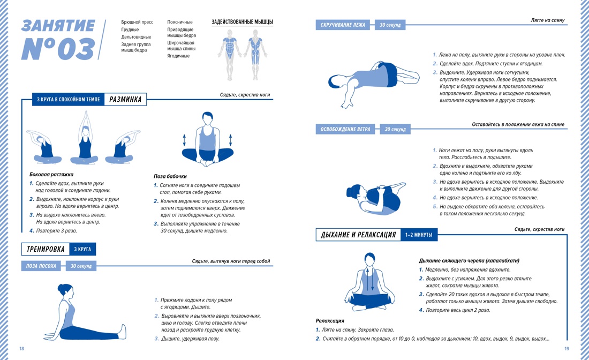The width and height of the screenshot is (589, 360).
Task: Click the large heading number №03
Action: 58,49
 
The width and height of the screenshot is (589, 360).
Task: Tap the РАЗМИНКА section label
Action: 125,100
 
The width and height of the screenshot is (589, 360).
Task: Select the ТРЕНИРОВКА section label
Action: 46,249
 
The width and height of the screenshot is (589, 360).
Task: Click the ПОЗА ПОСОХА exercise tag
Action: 41,266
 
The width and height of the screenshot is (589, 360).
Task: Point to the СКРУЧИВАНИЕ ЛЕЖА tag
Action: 343,25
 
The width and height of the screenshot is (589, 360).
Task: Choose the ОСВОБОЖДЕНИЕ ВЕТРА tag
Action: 345,129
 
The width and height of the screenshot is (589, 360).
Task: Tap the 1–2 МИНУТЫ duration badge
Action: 419,235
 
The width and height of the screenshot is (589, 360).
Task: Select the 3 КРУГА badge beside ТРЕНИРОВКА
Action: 82,249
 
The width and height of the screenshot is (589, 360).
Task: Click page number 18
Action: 22,349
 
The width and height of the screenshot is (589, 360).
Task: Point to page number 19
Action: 567,349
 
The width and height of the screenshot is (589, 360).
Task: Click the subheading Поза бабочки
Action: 170,176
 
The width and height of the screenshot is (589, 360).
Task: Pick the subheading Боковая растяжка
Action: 51,174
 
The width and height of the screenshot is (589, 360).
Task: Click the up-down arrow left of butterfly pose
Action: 184,140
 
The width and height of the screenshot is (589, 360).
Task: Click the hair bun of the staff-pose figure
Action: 60,287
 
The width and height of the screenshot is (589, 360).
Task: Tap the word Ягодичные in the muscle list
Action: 178,56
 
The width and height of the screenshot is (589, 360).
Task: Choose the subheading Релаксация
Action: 330,321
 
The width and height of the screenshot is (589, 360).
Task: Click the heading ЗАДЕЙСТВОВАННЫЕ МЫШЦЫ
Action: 242,22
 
